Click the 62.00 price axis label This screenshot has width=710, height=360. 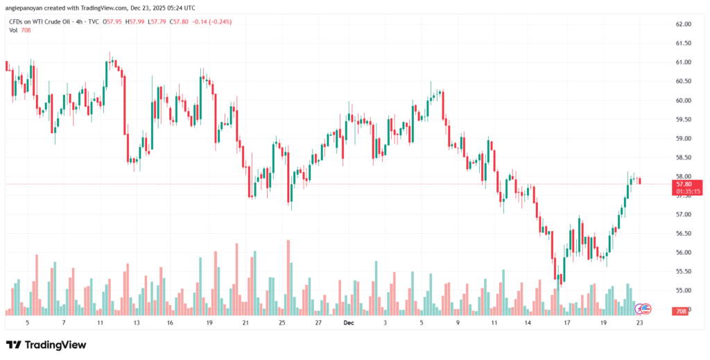(683, 24)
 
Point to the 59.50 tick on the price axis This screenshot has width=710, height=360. (683, 119)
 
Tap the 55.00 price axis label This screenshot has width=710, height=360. (683, 290)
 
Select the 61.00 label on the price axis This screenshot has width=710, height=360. (683, 62)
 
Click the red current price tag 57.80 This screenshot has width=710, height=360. (683, 184)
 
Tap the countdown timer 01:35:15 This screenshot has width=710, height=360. (683, 191)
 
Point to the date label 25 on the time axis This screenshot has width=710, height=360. (282, 323)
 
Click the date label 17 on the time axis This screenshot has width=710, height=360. (566, 323)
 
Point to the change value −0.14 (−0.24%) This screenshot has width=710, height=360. (212, 22)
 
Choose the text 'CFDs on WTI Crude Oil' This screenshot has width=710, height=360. (38, 22)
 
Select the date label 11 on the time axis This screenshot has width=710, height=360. (494, 323)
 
